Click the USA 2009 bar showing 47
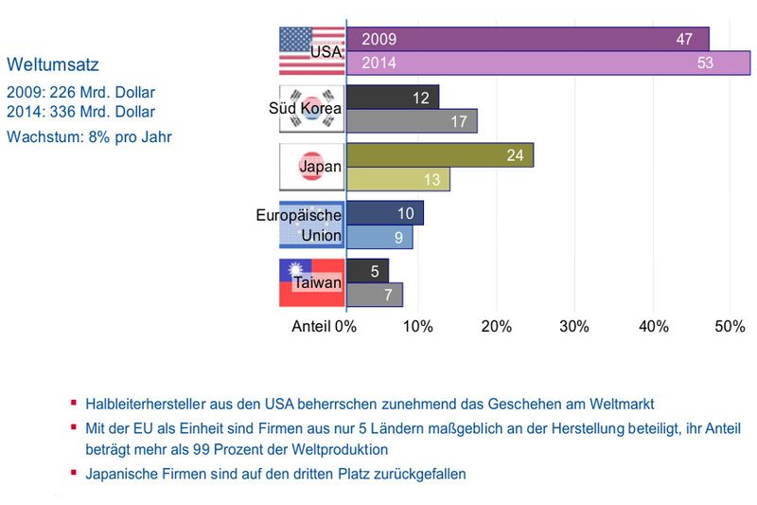coord(527,39)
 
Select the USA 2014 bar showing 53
coord(548,63)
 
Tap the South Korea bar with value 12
coord(393,98)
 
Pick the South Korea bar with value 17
coord(412,121)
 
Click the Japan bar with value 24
coord(440,155)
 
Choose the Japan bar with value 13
coord(398,179)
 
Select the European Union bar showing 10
coord(385,213)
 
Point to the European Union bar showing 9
coord(379,237)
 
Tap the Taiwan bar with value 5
coord(368,271)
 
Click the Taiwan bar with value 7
coord(375,295)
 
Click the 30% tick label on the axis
coord(573,326)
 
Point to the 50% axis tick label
coord(730,326)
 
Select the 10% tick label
coord(417,326)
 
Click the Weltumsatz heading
coord(53,65)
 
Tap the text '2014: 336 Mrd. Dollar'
coord(80,112)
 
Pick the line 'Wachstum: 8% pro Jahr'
coord(89,135)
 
